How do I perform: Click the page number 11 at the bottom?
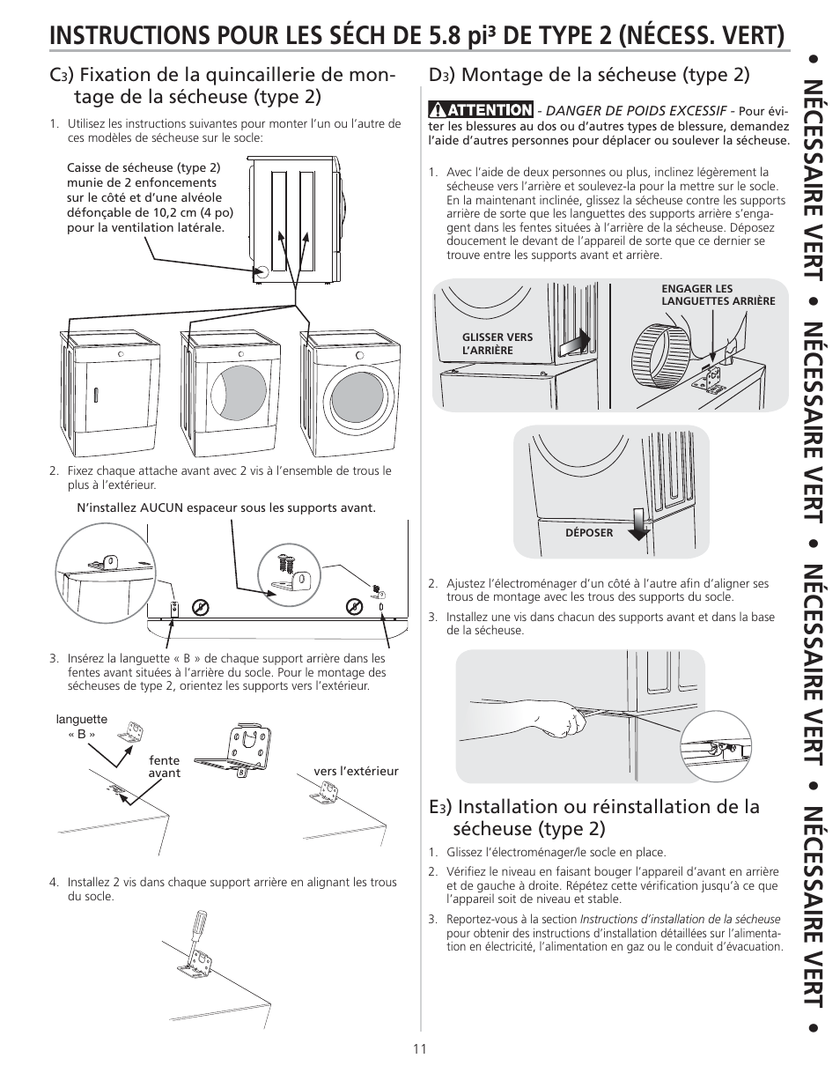420,1048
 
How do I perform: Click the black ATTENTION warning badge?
482,110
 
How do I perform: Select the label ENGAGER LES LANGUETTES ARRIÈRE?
718,294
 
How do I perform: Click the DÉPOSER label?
589,533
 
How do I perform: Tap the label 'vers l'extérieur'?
356,771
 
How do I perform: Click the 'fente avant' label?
164,766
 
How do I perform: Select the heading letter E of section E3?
435,807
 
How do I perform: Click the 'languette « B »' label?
81,726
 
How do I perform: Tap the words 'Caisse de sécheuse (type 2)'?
144,167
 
